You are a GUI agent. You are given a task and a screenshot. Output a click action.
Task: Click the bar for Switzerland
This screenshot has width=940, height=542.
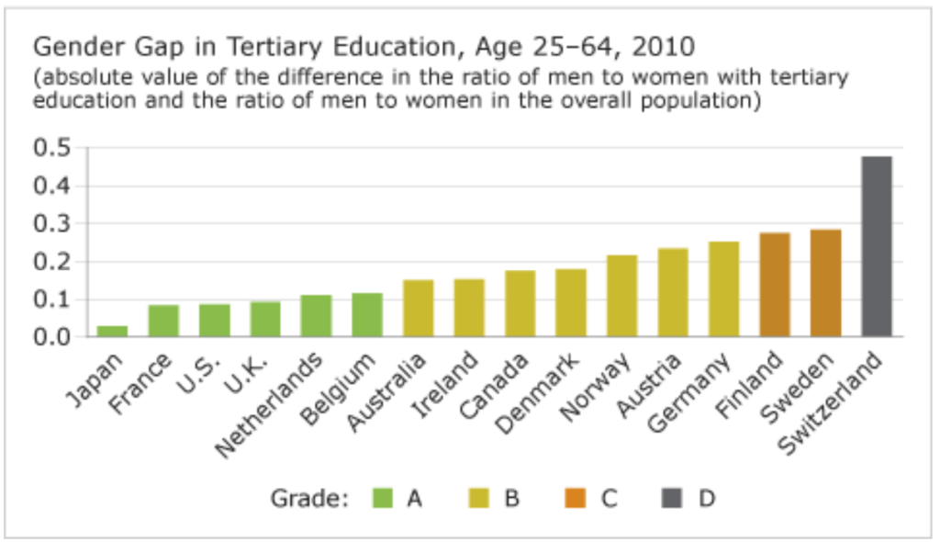click(x=877, y=246)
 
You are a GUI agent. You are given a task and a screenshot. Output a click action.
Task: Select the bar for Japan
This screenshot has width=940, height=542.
click(x=113, y=331)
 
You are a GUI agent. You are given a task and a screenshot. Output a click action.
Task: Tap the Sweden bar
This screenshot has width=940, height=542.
click(x=825, y=283)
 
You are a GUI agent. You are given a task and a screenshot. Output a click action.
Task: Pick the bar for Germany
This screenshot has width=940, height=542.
click(x=723, y=288)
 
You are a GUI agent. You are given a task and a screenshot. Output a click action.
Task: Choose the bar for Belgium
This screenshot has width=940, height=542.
click(x=367, y=314)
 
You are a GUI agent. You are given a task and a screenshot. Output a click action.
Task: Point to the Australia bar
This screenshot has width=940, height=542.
click(x=418, y=308)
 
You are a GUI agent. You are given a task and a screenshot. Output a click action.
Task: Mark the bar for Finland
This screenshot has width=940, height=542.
click(x=775, y=285)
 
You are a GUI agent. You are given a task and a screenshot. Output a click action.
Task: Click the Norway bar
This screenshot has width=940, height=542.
click(x=621, y=295)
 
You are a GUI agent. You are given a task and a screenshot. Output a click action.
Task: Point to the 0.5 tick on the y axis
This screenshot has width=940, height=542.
click(x=52, y=148)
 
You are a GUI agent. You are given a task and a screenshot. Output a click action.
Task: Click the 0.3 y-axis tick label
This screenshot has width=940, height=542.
click(x=52, y=223)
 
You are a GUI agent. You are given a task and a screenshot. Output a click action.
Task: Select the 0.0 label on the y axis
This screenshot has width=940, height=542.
click(x=52, y=336)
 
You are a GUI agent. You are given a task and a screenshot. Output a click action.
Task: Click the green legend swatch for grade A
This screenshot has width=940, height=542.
click(x=383, y=499)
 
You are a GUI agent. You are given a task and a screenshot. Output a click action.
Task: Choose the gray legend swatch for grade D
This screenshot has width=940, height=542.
click(x=673, y=499)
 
